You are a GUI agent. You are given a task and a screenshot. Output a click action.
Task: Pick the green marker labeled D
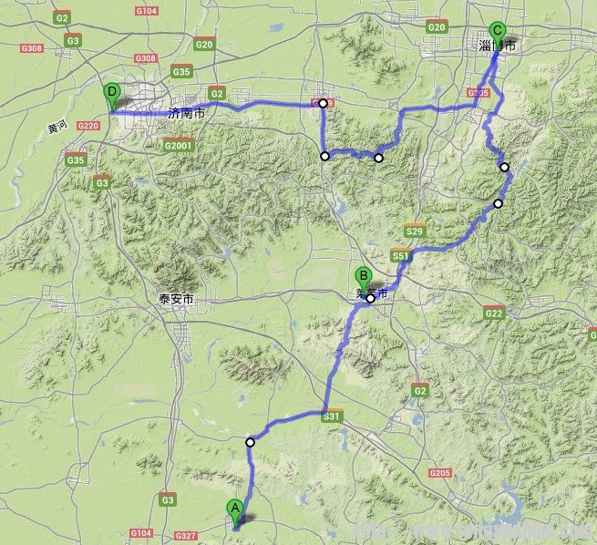(x=111, y=93)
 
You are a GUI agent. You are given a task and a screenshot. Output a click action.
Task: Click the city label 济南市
(x=187, y=114)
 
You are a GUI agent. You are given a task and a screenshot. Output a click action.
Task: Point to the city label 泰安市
(x=175, y=299)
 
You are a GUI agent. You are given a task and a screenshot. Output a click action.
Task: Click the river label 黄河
(x=57, y=127)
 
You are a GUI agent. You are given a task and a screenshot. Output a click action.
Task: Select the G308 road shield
(x=31, y=48)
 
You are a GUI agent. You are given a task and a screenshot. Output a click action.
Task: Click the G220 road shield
(x=88, y=126)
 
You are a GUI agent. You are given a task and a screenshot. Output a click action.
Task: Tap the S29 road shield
(x=415, y=232)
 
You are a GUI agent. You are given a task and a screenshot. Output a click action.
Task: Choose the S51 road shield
(x=400, y=258)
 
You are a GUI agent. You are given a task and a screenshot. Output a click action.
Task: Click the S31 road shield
(x=332, y=416)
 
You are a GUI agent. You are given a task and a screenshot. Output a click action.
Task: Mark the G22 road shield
(x=494, y=314)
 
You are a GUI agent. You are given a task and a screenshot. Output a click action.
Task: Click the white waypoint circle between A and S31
(x=250, y=442)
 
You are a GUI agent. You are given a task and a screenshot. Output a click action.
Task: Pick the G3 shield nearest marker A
(x=167, y=500)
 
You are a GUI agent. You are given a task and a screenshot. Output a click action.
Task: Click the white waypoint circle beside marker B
(x=370, y=298)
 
